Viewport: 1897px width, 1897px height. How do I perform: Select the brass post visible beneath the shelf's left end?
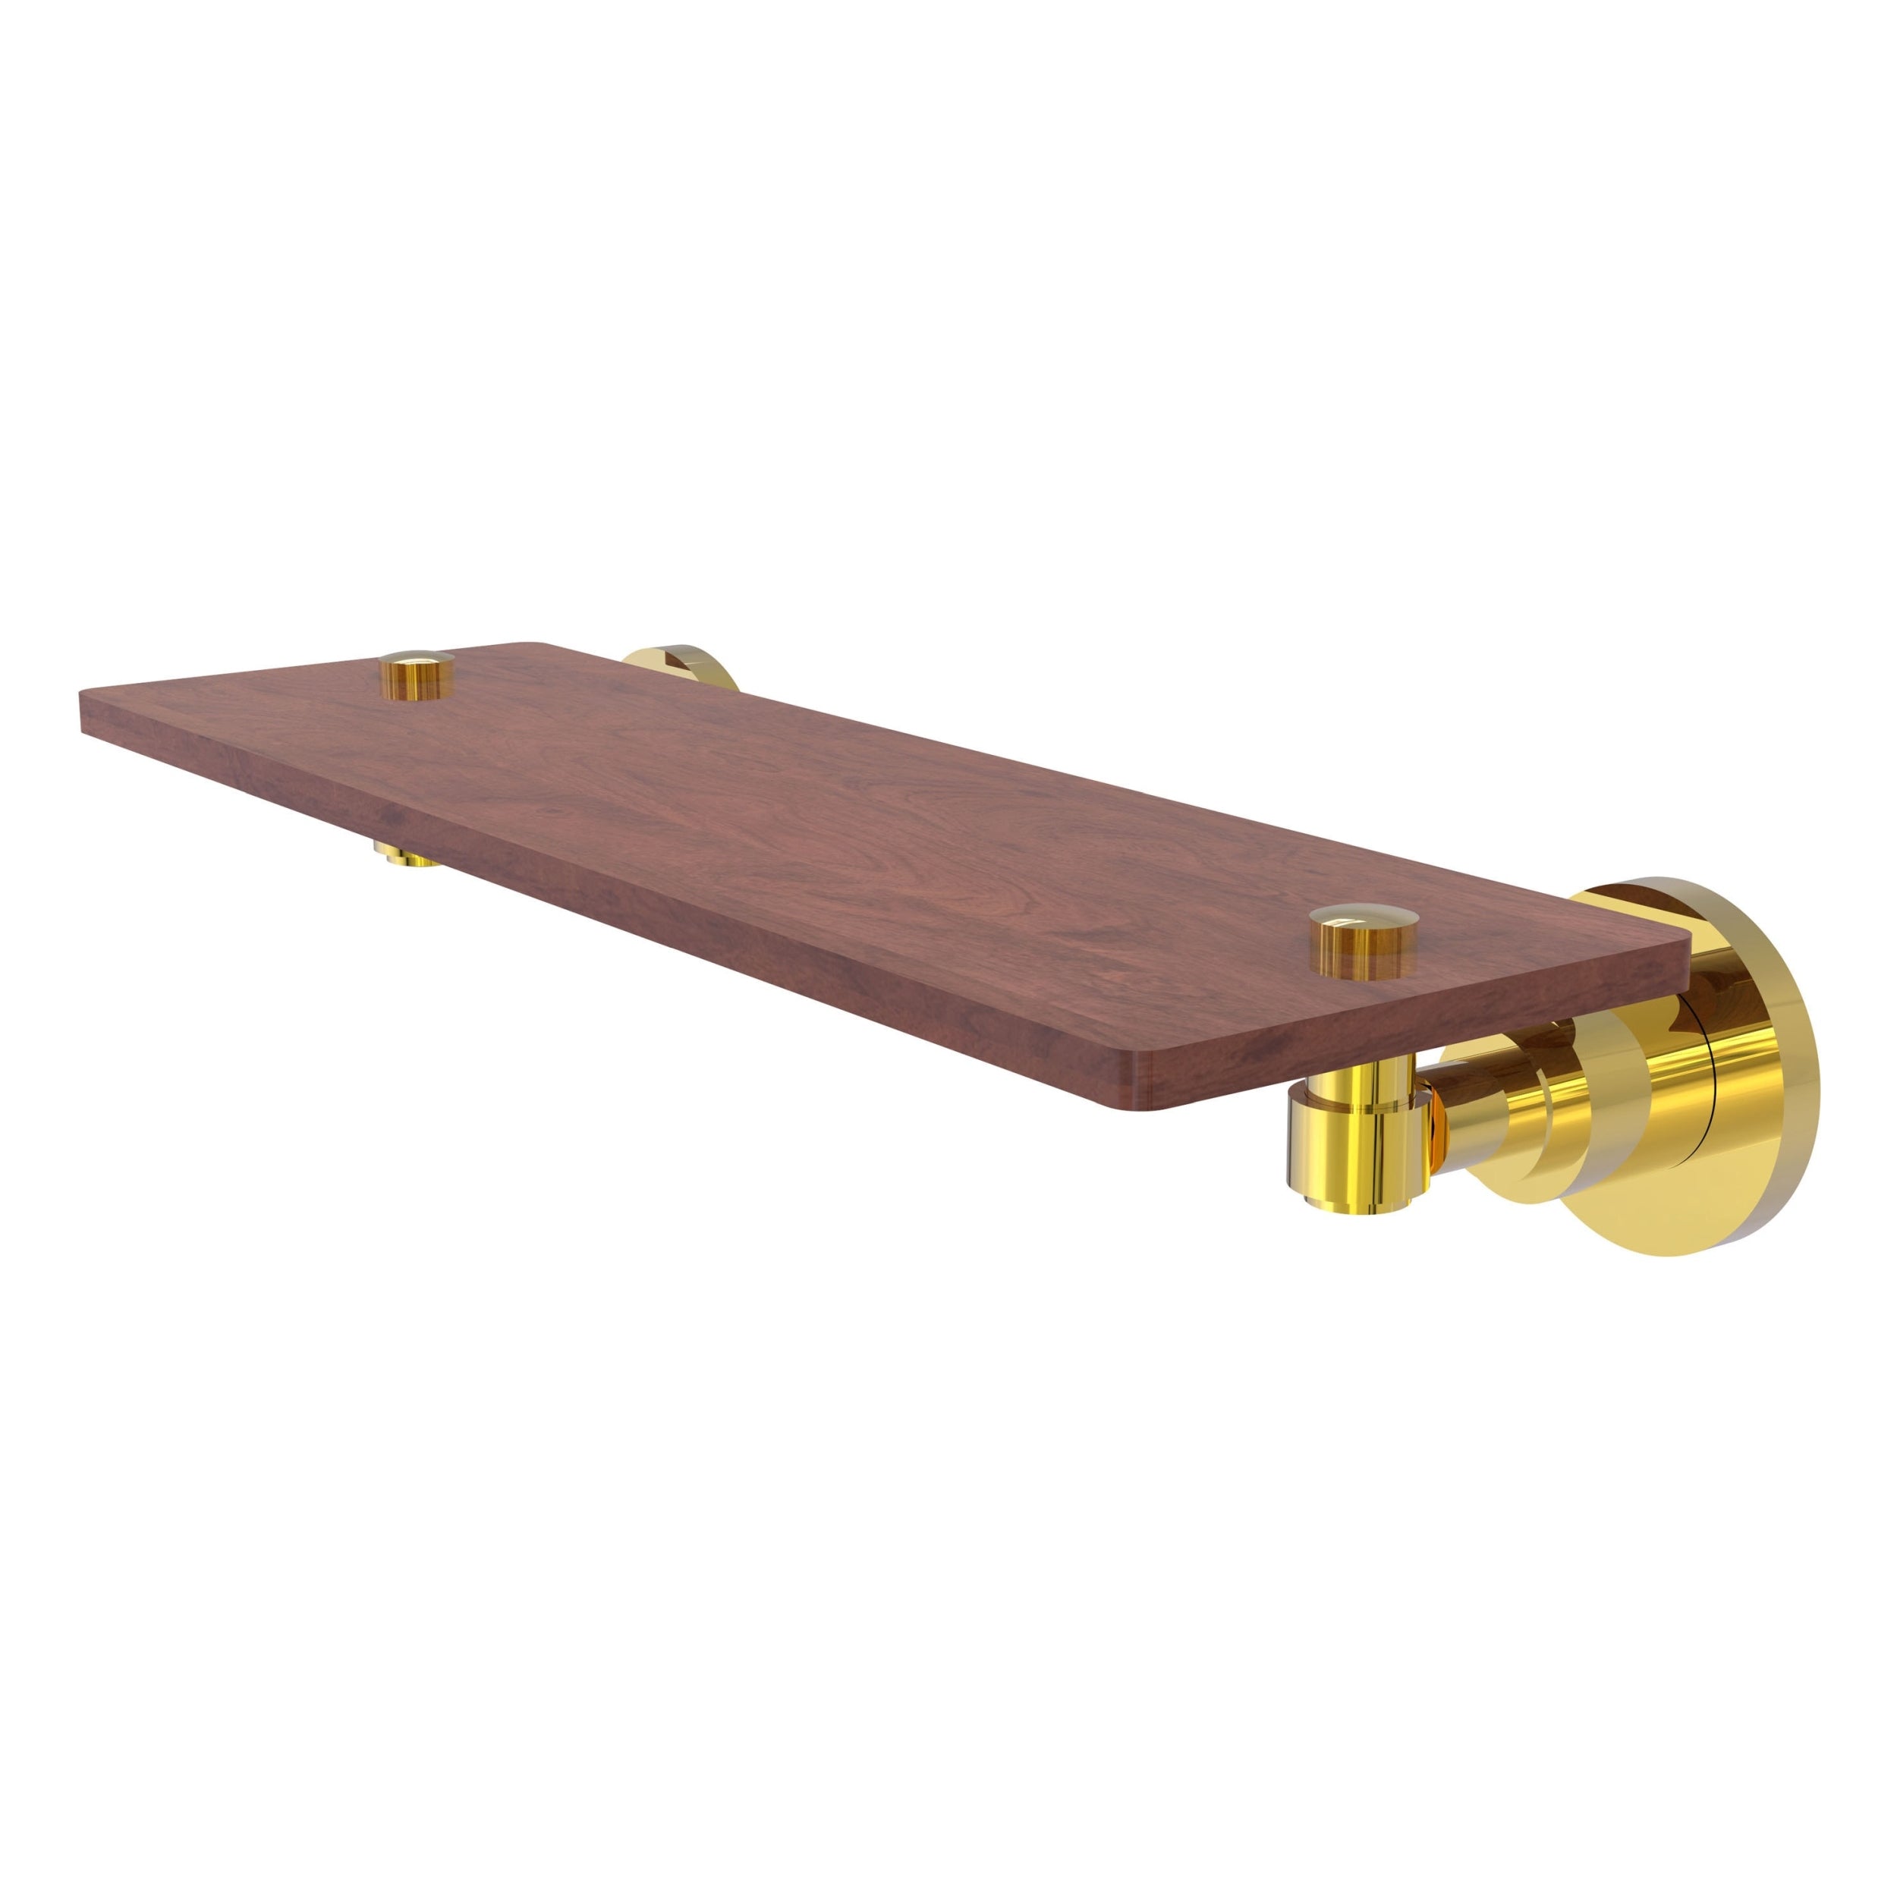point(407,855)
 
